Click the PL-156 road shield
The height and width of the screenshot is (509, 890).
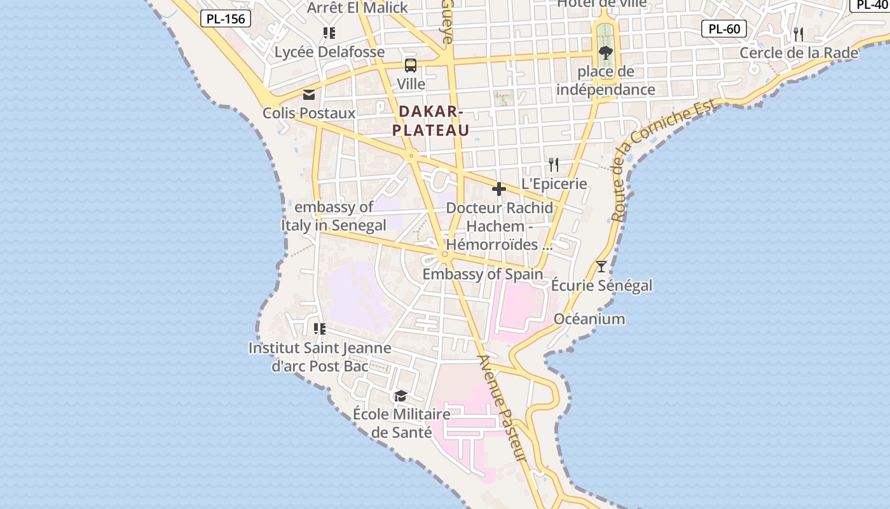click(226, 18)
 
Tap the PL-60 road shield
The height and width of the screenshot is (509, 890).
click(723, 29)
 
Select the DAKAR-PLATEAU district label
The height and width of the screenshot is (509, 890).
click(431, 121)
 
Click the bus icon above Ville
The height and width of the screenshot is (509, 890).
click(411, 65)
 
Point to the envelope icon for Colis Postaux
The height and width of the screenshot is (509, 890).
click(309, 95)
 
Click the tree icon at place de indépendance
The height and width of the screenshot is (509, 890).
click(605, 52)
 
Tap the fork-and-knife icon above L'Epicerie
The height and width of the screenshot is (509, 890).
click(554, 165)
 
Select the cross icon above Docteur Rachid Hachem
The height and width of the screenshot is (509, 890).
click(499, 189)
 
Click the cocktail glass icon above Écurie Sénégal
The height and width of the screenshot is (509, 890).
click(601, 266)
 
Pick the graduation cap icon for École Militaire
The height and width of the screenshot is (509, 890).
click(400, 396)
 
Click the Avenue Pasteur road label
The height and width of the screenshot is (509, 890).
click(502, 408)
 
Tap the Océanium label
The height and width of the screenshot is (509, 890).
click(589, 319)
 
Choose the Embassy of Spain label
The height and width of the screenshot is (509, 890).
click(483, 274)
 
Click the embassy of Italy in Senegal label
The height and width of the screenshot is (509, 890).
click(334, 216)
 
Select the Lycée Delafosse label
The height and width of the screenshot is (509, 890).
click(329, 52)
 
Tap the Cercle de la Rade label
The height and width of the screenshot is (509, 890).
click(798, 53)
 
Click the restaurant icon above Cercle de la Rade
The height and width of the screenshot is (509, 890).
click(798, 34)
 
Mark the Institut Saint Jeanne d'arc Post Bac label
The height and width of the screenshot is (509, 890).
click(320, 357)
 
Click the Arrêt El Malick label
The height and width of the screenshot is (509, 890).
click(357, 8)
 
